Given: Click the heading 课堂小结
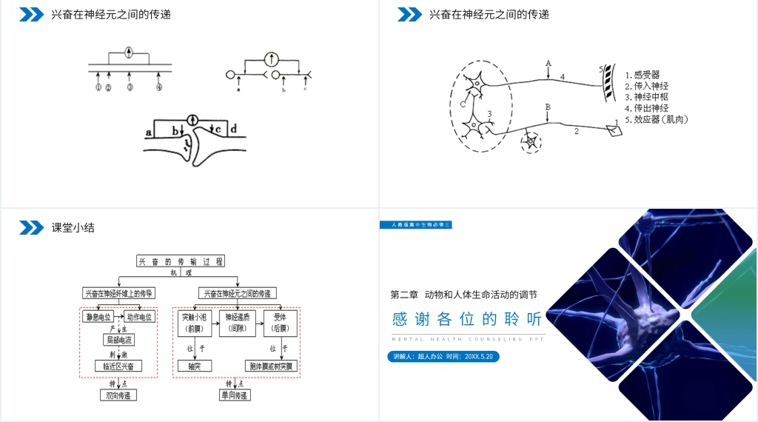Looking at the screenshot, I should tap(73, 228).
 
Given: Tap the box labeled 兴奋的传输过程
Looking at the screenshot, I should tap(180, 261).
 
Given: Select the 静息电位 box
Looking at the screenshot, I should tap(99, 317).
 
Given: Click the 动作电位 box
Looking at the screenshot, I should tap(138, 317).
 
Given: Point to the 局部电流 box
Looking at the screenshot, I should tap(118, 341).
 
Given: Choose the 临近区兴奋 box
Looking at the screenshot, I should tap(118, 366).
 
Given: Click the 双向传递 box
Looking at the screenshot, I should tap(118, 395).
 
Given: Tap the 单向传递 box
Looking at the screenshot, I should tap(235, 395).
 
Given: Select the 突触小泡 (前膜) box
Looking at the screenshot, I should tap(195, 322).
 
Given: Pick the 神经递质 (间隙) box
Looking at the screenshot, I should tap(237, 322).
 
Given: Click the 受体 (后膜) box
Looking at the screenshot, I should tap(280, 322).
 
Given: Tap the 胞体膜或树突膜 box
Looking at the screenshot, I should tap(272, 366).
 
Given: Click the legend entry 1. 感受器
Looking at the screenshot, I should tap(642, 75).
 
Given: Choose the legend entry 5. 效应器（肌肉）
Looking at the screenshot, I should tap(656, 119).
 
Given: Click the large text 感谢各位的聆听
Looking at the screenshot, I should tap(467, 319).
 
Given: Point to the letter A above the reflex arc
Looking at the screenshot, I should tap(548, 63).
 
